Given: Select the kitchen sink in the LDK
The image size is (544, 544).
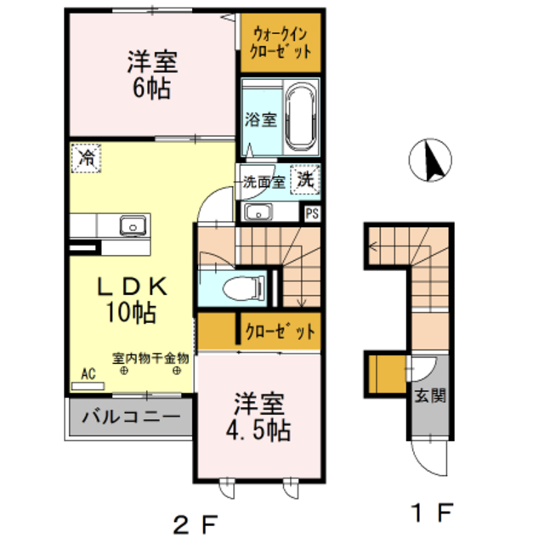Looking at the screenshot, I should pyautogui.click(x=132, y=225).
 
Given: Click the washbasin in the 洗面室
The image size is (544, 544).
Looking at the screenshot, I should pyautogui.click(x=256, y=212).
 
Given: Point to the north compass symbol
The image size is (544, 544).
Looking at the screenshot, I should pyautogui.click(x=431, y=160).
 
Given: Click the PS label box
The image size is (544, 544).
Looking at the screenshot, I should pyautogui.click(x=312, y=212).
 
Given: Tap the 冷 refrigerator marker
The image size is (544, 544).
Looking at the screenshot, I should pyautogui.click(x=86, y=157).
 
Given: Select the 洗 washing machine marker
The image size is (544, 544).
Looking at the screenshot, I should pyautogui.click(x=304, y=179).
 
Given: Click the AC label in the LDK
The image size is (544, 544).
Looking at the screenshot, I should pyautogui.click(x=88, y=372).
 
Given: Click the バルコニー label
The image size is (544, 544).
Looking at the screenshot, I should pyautogui.click(x=131, y=417).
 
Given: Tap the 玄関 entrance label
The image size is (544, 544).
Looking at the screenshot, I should pyautogui.click(x=426, y=396).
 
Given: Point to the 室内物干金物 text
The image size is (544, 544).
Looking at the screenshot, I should pyautogui.click(x=150, y=358).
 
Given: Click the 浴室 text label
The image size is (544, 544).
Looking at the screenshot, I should pyautogui.click(x=260, y=118).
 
